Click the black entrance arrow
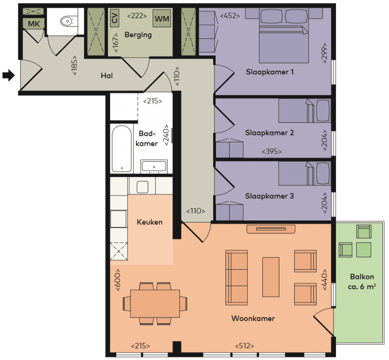9,75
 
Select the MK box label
34,24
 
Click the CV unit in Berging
115,18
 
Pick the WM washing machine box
161,18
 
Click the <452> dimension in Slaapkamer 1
230,16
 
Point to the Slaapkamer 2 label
269,133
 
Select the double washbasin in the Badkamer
154,166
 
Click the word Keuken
149,222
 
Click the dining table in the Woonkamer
155,303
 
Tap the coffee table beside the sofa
271,277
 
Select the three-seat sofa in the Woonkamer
236,276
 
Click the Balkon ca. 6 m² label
362,281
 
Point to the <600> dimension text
118,280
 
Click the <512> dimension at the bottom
245,346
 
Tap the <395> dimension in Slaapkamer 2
271,151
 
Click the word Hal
107,76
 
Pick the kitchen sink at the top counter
142,187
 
